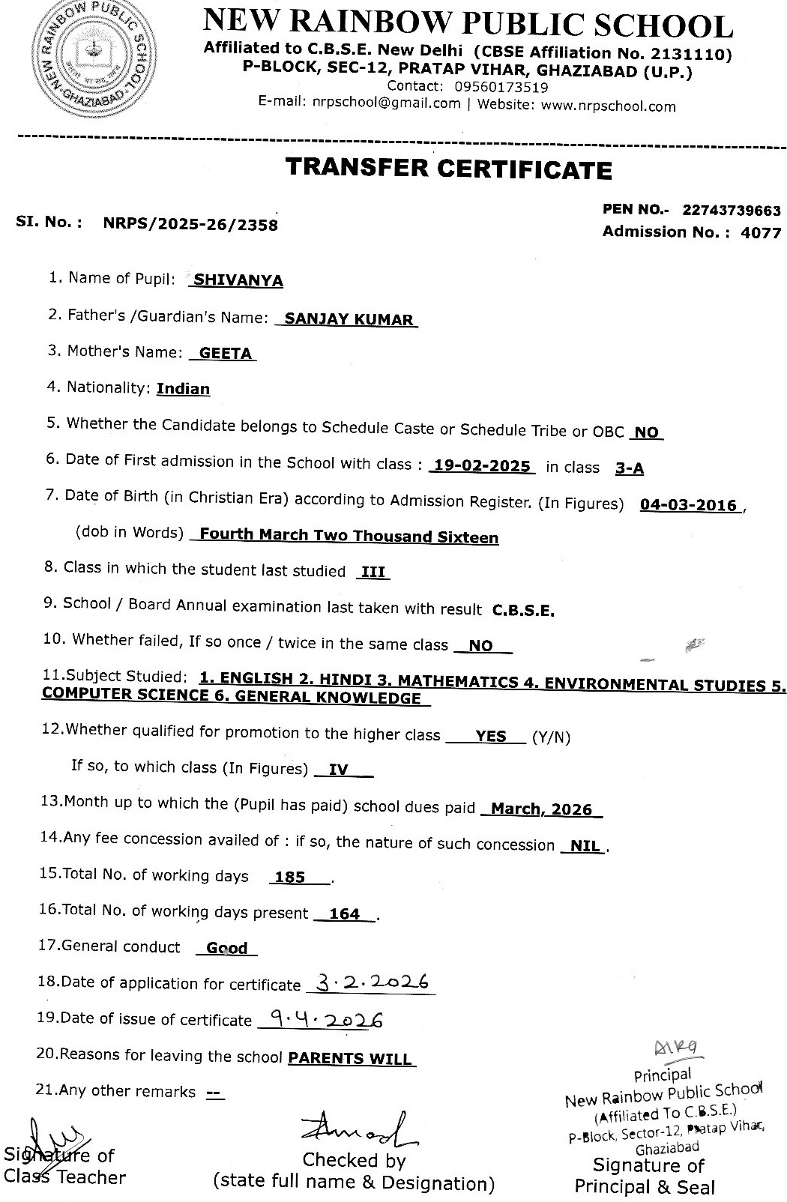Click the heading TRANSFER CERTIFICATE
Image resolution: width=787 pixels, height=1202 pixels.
[448, 169]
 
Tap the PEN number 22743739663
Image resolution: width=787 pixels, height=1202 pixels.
[731, 211]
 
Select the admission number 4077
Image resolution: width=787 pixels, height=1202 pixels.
[760, 233]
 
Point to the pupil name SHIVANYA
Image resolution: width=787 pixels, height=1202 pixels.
[238, 280]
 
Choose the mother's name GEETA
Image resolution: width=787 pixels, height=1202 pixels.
[225, 354]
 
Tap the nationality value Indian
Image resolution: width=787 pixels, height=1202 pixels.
[183, 389]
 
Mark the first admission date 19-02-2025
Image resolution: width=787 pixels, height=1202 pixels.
[482, 465]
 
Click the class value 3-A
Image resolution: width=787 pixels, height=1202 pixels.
[629, 468]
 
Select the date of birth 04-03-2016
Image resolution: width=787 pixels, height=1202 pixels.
[688, 505]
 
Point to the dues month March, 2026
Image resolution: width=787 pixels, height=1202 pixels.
[542, 809]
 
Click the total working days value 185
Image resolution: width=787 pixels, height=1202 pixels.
[290, 877]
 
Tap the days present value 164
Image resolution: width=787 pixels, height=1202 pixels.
[344, 913]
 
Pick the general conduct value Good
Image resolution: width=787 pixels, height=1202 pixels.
[226, 949]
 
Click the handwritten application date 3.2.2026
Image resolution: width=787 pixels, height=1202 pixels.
[372, 982]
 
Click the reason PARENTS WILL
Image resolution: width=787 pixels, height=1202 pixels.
[350, 1059]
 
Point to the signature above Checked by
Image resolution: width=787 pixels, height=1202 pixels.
[358, 1129]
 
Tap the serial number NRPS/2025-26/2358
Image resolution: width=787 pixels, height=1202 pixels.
[190, 224]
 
